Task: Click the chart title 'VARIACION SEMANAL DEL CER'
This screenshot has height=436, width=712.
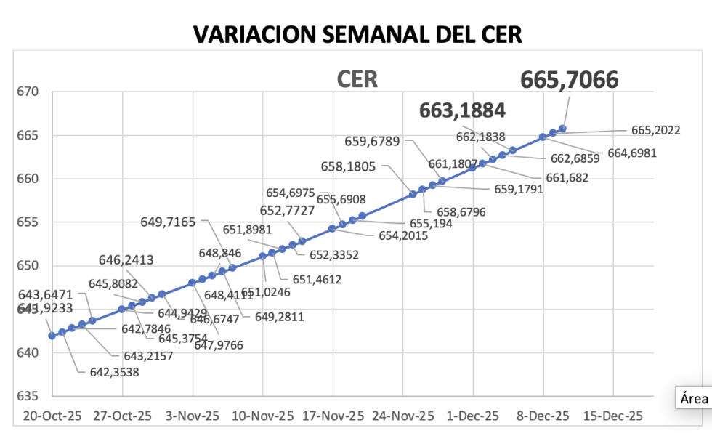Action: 357,34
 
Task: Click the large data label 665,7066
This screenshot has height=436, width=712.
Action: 569,80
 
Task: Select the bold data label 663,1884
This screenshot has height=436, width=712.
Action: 462,110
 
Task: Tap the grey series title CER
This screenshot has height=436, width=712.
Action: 357,79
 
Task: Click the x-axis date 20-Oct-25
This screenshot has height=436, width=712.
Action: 52,416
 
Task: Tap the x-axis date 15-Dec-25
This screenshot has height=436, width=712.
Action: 613,416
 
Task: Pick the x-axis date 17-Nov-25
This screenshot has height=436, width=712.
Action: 333,416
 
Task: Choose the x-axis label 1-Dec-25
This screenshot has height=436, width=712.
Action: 473,416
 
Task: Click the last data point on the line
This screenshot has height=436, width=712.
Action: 562,129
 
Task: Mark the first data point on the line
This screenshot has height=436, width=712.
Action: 52,336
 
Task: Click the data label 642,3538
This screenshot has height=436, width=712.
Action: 109,373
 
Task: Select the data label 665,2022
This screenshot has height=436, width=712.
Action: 655,131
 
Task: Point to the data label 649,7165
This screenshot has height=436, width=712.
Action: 168,222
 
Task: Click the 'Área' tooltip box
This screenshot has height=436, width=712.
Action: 694,398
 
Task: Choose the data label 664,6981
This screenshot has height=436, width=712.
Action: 631,153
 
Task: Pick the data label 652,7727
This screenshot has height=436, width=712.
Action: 288,211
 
